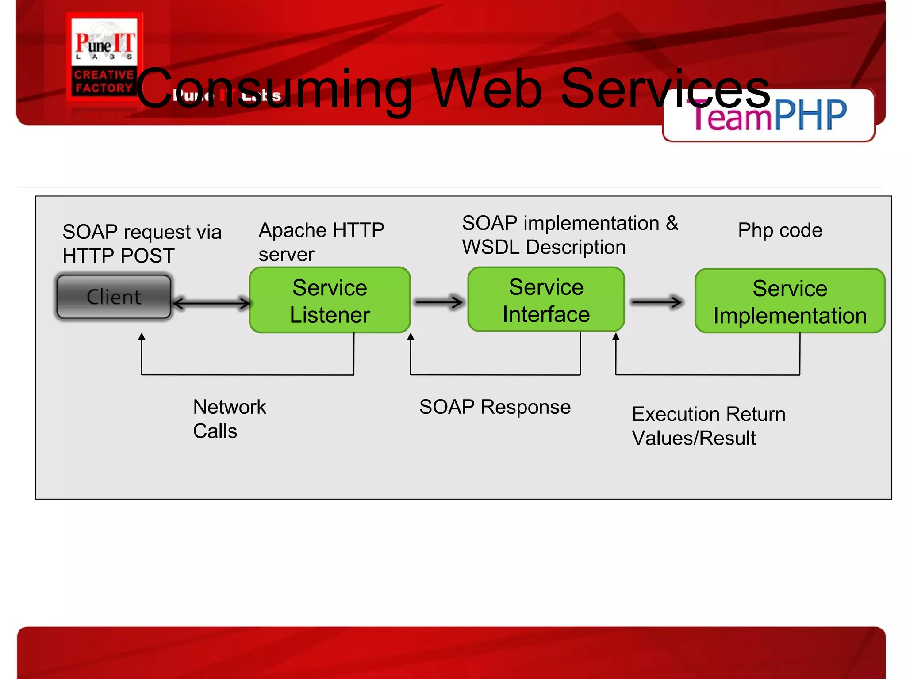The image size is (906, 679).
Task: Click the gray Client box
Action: [114, 297]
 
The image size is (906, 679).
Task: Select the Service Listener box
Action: [330, 301]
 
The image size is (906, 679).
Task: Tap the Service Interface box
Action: [546, 300]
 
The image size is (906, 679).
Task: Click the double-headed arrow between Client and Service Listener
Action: [211, 303]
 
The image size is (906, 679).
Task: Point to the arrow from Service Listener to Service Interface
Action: [439, 302]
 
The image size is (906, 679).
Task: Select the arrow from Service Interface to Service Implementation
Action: [656, 302]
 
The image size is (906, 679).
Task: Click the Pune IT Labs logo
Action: [104, 56]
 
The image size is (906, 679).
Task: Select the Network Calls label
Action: [229, 418]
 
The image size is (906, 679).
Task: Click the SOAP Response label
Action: [495, 407]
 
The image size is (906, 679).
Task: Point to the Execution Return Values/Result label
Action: [708, 426]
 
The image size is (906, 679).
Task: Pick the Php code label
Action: [780, 230]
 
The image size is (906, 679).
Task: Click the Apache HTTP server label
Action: [321, 242]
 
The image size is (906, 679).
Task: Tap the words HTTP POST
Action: [119, 256]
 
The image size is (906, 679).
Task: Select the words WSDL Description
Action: [544, 247]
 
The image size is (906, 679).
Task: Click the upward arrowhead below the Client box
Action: [142, 337]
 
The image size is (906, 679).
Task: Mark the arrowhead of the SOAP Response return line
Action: [411, 337]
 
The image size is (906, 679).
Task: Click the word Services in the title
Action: [666, 88]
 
